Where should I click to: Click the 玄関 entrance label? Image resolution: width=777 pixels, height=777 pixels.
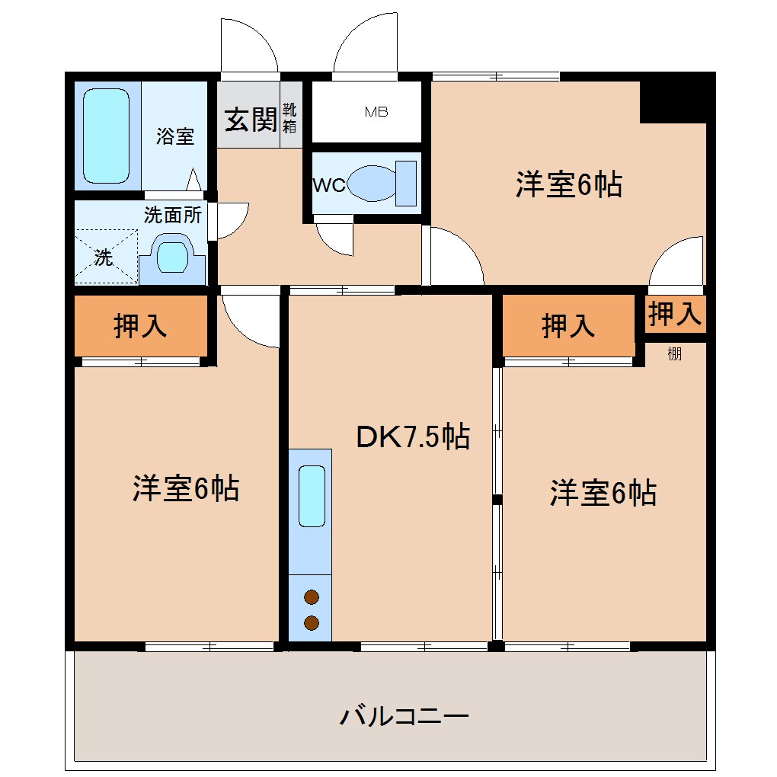[x=249, y=119]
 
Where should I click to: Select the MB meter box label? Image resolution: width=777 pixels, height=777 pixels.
[x=376, y=112]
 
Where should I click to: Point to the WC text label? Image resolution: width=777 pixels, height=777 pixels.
[x=329, y=185]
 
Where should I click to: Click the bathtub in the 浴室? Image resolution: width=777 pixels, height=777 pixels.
[x=106, y=136]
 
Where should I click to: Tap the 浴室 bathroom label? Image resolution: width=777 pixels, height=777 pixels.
[x=175, y=136]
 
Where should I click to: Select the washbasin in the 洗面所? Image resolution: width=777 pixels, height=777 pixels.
[x=172, y=257]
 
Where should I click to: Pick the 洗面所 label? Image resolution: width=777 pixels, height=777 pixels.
[x=173, y=215]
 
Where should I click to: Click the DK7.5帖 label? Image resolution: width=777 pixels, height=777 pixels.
[x=412, y=436]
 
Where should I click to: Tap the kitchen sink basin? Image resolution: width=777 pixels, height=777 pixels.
[x=312, y=496]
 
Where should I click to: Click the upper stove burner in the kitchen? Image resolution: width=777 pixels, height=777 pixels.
[x=311, y=597]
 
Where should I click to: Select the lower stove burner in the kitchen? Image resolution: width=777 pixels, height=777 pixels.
[x=311, y=623]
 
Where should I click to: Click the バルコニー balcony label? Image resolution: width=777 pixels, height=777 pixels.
[x=404, y=716]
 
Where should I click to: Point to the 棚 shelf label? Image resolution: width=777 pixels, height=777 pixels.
[x=674, y=353]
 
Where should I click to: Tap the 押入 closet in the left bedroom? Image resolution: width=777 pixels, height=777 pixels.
[x=140, y=325]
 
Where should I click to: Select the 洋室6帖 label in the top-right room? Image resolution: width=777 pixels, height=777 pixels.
[x=568, y=184]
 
